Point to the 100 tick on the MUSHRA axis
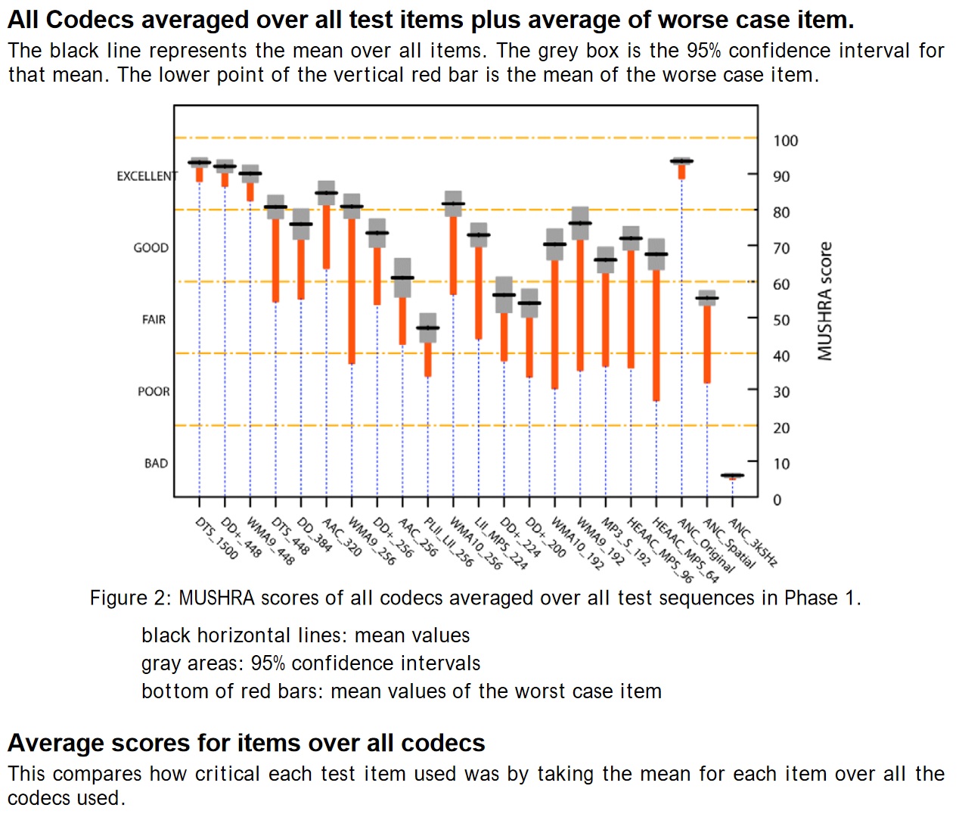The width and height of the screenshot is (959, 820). [785, 141]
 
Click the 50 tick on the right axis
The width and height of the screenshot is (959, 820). [781, 320]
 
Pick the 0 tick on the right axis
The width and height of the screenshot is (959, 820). [777, 500]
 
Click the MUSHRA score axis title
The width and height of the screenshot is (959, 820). [824, 301]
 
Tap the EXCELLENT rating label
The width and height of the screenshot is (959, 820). [147, 176]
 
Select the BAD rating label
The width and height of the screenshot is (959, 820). [156, 463]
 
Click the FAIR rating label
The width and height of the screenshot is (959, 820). [154, 320]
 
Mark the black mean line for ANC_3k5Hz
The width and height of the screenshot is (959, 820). [732, 475]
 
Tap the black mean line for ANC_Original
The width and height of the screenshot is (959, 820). [681, 161]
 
